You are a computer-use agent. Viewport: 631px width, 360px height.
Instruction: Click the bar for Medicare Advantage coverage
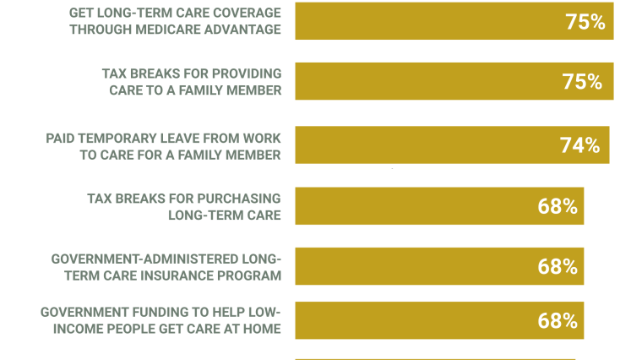(454, 21)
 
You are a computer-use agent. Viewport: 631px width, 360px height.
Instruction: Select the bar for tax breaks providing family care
(454, 81)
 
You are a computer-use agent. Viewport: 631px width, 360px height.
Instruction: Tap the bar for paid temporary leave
(452, 145)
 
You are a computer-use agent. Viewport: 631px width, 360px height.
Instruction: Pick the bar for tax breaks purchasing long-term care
(439, 205)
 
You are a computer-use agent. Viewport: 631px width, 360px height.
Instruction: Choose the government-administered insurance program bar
(439, 266)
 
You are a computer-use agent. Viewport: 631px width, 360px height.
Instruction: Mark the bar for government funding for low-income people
(439, 320)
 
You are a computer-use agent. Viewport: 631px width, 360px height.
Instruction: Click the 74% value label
(579, 145)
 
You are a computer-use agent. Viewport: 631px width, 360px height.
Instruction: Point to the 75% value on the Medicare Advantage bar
(585, 22)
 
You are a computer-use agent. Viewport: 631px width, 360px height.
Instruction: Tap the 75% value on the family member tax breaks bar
(582, 82)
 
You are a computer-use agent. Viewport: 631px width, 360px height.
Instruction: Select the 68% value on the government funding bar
(558, 321)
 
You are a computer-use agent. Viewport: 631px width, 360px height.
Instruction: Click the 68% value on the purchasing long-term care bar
(558, 206)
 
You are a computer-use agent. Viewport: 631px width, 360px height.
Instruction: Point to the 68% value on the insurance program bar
(558, 266)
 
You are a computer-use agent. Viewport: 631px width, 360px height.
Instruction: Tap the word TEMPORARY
(137, 139)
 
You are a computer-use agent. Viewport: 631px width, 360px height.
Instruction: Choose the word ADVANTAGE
(248, 30)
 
